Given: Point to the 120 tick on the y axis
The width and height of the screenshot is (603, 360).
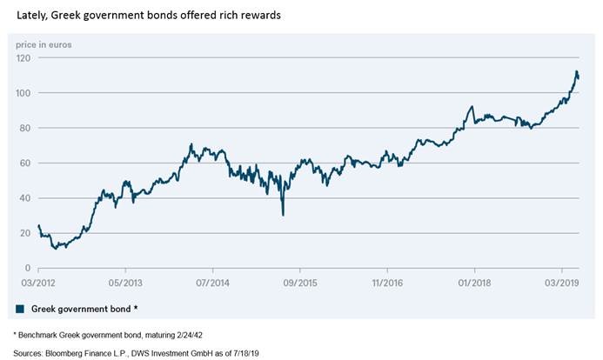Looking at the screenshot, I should click(23, 58).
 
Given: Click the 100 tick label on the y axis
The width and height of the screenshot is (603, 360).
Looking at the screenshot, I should click(23, 93).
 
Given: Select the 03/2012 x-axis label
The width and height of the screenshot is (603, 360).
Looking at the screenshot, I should click(38, 283).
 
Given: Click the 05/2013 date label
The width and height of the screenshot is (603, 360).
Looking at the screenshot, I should click(125, 283).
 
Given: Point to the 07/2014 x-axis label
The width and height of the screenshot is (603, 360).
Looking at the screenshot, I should click(212, 283).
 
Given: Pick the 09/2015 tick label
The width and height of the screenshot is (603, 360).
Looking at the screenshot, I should click(300, 283).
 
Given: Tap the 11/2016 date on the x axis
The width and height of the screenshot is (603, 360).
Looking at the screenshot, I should click(387, 283).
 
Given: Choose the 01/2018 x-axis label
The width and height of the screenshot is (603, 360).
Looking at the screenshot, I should click(474, 283).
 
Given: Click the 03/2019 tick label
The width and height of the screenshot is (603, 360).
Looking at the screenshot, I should click(561, 283).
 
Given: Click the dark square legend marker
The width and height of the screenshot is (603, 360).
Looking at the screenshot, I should click(20, 309).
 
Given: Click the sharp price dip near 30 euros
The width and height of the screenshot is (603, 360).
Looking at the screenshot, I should click(283, 213).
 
